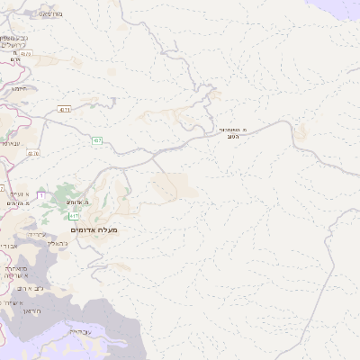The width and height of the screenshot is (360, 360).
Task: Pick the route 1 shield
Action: point(40,184)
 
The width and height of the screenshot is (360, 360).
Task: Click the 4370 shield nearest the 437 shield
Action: point(34,154)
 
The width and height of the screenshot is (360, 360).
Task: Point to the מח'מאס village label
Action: point(51,15)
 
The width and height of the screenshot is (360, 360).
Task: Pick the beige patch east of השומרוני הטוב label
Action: point(300,132)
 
